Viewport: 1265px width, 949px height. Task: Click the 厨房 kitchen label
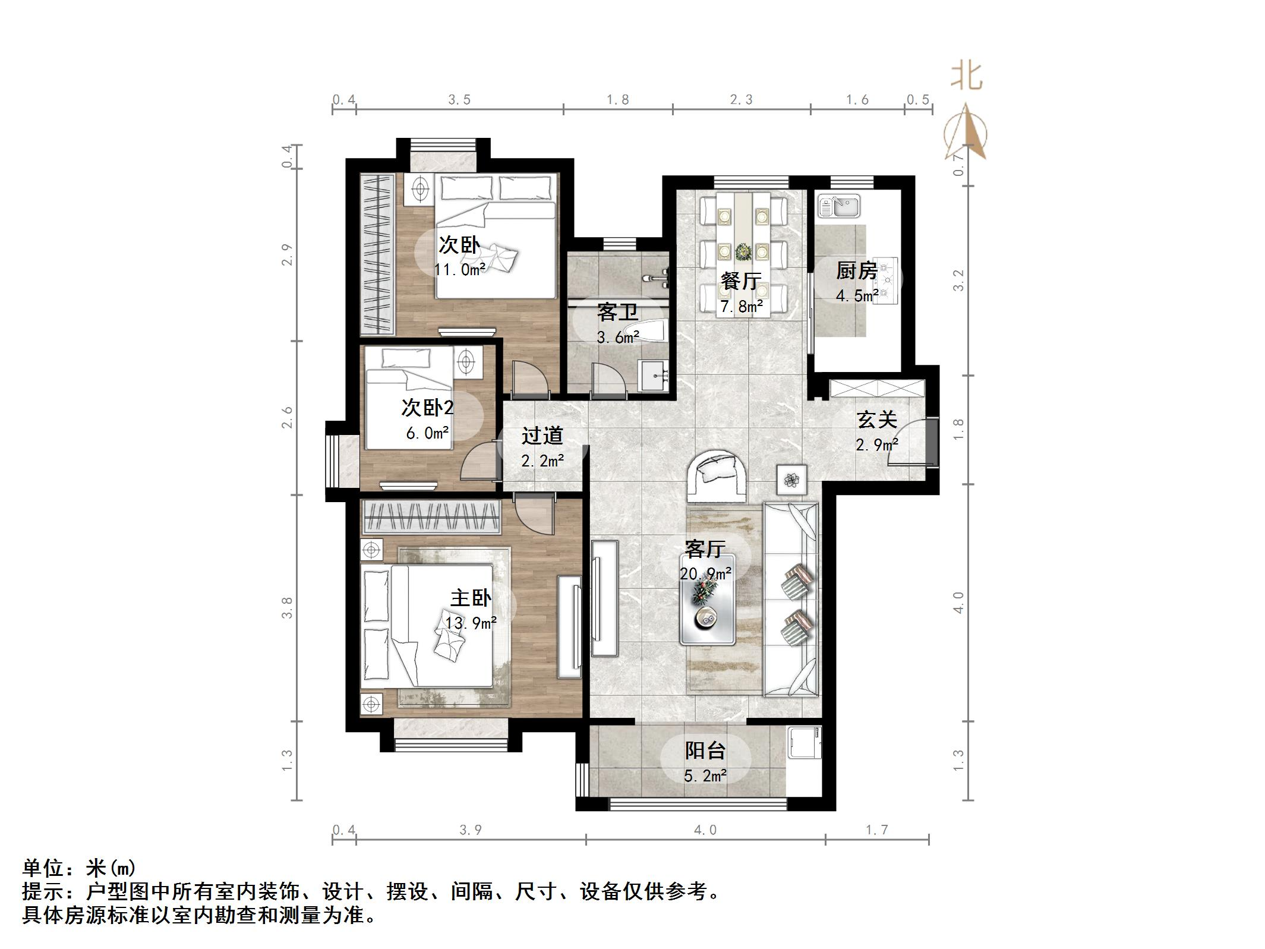[856, 272]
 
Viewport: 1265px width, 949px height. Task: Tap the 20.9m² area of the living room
[705, 574]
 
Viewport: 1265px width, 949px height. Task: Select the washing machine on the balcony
[804, 743]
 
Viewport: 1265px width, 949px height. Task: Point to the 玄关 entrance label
[876, 420]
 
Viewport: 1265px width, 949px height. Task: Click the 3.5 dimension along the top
[459, 100]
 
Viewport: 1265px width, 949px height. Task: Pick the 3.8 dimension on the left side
[288, 608]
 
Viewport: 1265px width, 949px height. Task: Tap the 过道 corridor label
[542, 436]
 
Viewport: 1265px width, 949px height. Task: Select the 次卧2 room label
[427, 408]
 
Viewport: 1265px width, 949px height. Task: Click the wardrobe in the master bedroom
[431, 517]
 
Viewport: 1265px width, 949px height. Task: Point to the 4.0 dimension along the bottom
[705, 830]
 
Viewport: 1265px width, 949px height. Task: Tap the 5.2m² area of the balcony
[705, 776]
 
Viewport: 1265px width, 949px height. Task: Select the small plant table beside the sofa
[791, 480]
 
